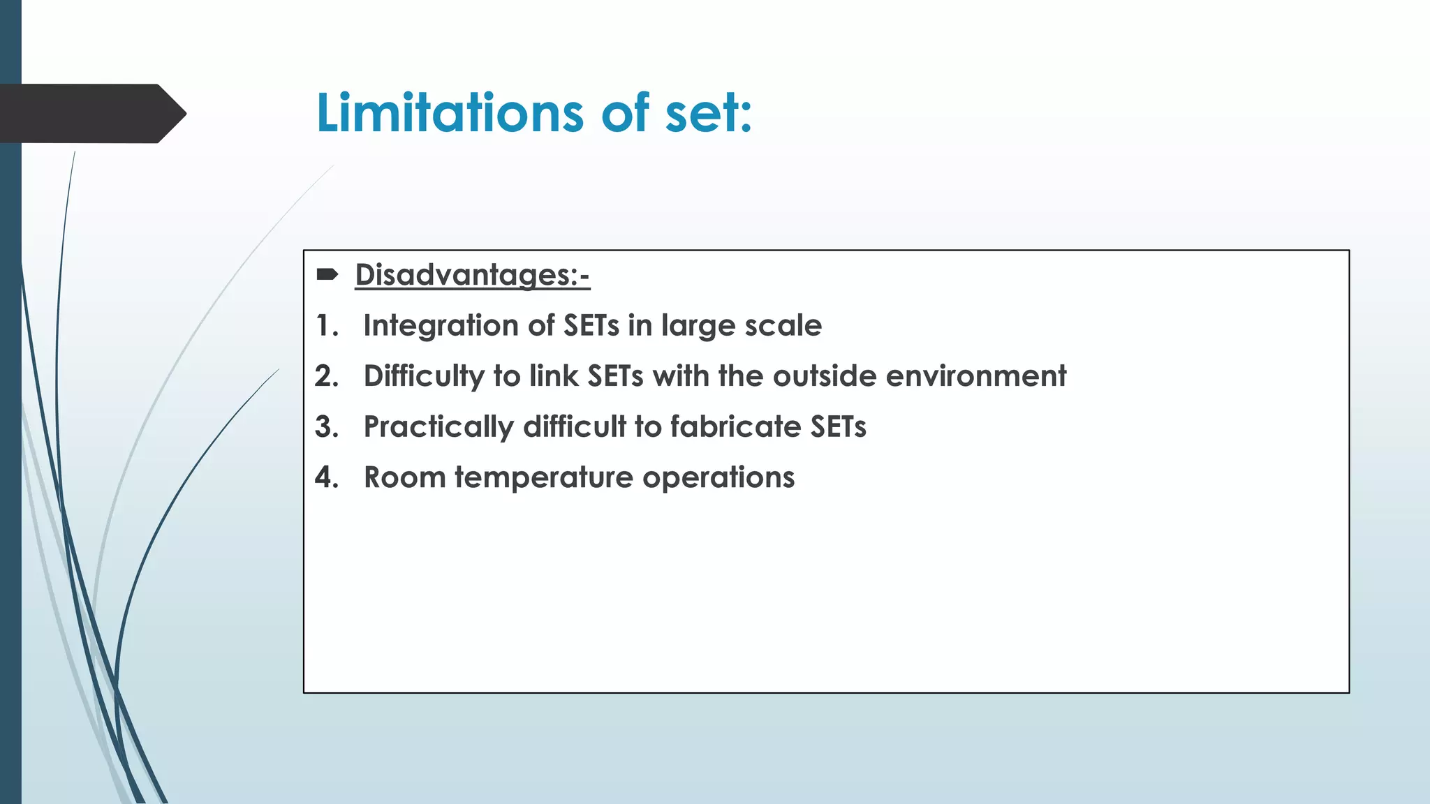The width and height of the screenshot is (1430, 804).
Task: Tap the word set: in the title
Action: pyautogui.click(x=708, y=114)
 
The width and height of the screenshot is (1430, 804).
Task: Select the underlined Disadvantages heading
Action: pyautogui.click(x=472, y=275)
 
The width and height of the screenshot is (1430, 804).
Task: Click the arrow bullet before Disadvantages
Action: pyautogui.click(x=327, y=274)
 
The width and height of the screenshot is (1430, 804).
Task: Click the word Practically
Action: pyautogui.click(x=438, y=427)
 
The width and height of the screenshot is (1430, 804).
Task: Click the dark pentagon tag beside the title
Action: pyautogui.click(x=91, y=114)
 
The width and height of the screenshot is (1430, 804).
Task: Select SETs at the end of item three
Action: pyautogui.click(x=838, y=427)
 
